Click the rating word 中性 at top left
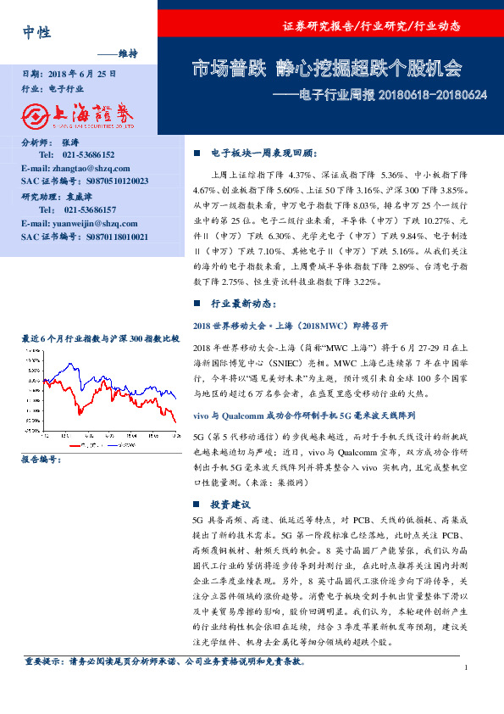[37, 32]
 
